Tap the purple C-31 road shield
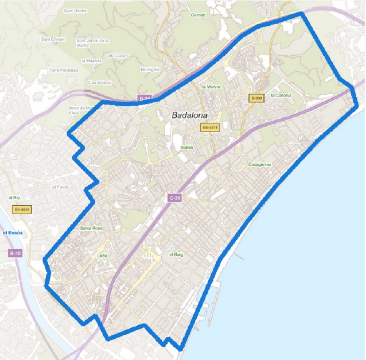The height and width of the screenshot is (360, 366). [x=176, y=198]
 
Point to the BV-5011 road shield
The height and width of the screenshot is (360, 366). [x=211, y=127]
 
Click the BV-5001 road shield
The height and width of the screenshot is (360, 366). [x=22, y=210]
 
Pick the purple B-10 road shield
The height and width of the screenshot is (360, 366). [x=16, y=253]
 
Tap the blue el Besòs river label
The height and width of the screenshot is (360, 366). [x=13, y=233]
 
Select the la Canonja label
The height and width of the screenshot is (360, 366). [x=281, y=95]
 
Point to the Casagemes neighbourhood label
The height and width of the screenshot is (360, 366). [x=260, y=164]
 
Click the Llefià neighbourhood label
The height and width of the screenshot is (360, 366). [x=102, y=257]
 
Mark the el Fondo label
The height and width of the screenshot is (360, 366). [x=60, y=187]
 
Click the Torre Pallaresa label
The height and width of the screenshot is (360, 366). [x=63, y=70]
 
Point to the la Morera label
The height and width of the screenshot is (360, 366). [x=211, y=87]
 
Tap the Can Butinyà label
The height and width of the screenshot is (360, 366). [x=99, y=82]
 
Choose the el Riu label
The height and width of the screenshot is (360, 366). [x=15, y=198]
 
